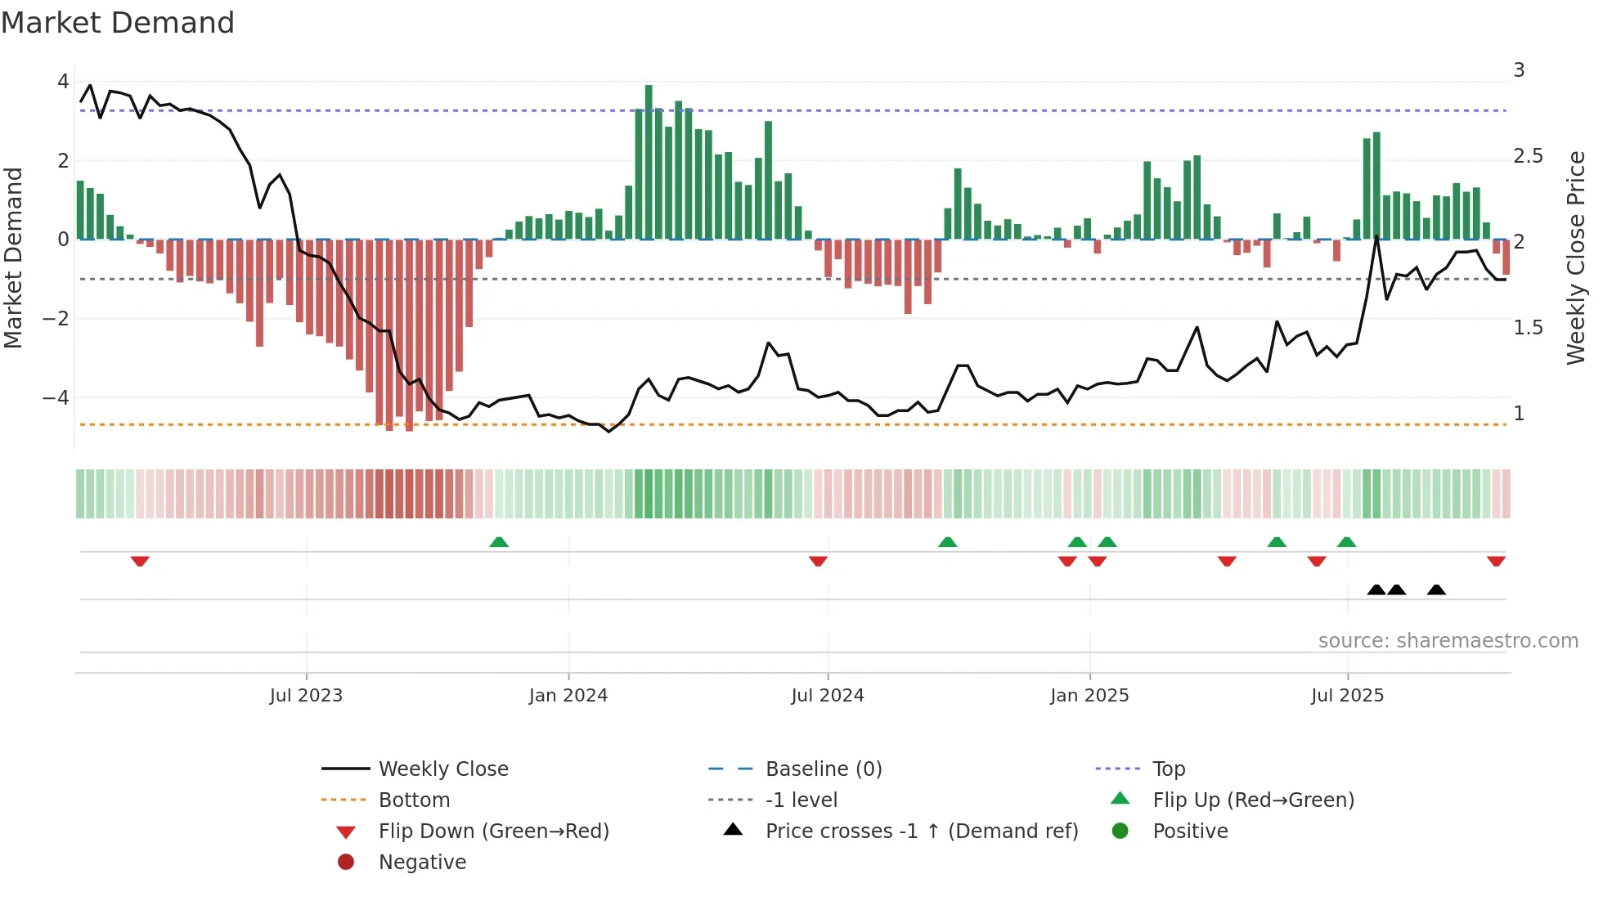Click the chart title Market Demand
click(x=118, y=23)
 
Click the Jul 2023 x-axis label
click(x=306, y=696)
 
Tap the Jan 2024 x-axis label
click(x=568, y=696)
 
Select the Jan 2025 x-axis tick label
click(x=1089, y=696)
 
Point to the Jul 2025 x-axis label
click(x=1347, y=696)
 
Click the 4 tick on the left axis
click(x=63, y=82)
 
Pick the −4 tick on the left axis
click(x=56, y=398)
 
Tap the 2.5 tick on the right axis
click(x=1528, y=156)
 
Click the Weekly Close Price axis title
click(x=1576, y=258)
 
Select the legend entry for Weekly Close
click(x=443, y=769)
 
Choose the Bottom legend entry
click(x=414, y=800)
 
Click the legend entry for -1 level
click(x=801, y=800)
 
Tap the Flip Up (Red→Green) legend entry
click(x=1253, y=800)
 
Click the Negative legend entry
click(x=422, y=863)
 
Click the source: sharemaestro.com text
click(x=1448, y=641)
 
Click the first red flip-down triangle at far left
click(x=140, y=561)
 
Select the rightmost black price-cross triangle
click(x=1436, y=589)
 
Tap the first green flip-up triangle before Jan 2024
click(x=499, y=542)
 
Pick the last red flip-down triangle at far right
click(x=1496, y=561)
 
